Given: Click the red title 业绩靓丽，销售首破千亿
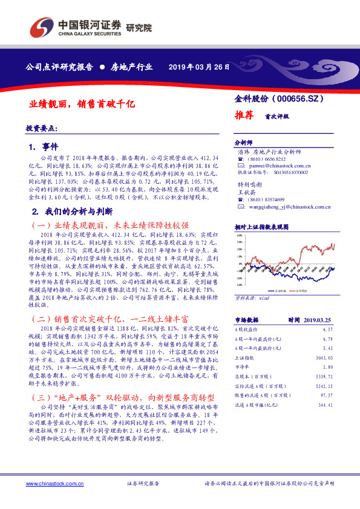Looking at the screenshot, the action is pyautogui.click(x=82, y=104).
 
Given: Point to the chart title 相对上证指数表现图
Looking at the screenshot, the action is pyautogui.click(x=261, y=226).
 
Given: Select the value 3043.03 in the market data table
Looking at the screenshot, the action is pyautogui.click(x=324, y=358).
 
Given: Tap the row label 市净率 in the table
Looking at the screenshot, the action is pyautogui.click(x=242, y=366).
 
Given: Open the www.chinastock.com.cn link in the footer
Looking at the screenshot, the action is pyautogui.click(x=51, y=484).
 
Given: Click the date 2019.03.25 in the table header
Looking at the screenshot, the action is pyautogui.click(x=316, y=320).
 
